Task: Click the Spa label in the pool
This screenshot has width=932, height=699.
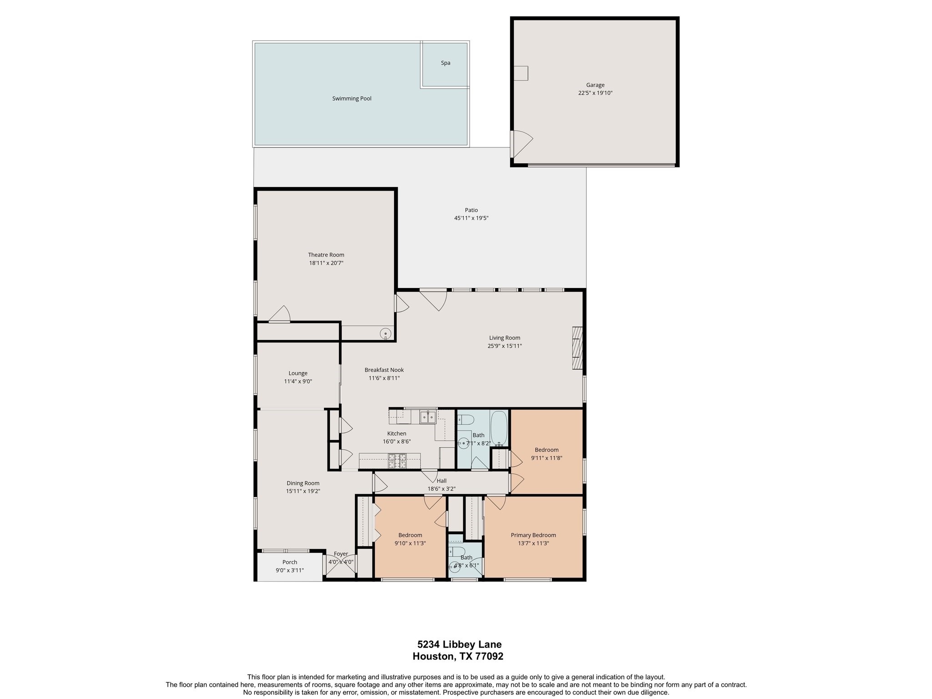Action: (446, 63)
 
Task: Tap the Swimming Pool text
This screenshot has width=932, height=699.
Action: (352, 99)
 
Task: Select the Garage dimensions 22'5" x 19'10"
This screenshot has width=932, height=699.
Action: (595, 93)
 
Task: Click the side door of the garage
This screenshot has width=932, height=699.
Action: (521, 143)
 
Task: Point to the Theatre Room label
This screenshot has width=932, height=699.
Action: (326, 255)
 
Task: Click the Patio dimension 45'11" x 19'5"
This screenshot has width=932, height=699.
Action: (471, 218)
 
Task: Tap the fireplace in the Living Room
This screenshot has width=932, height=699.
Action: (577, 348)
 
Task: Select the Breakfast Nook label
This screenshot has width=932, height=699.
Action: (384, 370)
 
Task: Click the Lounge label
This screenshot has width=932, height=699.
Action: (298, 374)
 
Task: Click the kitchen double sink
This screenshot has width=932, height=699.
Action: (427, 416)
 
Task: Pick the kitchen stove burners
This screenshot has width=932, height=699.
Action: (397, 461)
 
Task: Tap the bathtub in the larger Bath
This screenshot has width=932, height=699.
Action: (499, 428)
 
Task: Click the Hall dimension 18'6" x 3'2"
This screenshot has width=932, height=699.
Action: (441, 489)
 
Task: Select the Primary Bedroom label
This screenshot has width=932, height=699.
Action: (533, 535)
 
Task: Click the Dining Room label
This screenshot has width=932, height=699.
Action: (303, 483)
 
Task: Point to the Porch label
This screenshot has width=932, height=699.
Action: (290, 562)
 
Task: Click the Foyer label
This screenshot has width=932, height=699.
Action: (341, 554)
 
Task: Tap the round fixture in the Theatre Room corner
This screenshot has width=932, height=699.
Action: (385, 334)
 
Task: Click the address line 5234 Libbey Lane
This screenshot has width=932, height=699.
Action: (459, 644)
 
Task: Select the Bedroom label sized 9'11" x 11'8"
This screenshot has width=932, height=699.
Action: (547, 450)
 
